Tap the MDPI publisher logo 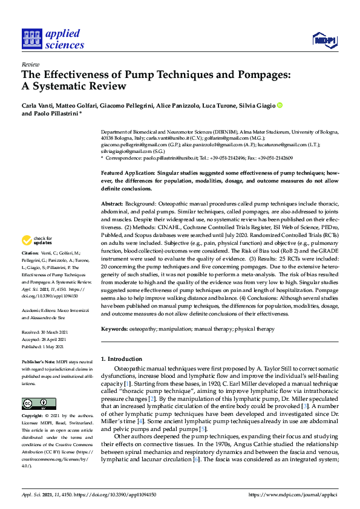pos(324,41)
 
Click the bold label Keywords pos(115,329)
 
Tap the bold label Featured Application pos(128,173)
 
